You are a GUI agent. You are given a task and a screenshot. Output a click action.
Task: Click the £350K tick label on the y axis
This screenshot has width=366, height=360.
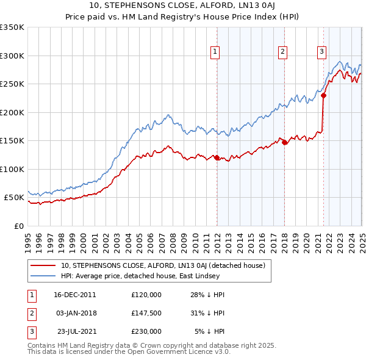point(12,27)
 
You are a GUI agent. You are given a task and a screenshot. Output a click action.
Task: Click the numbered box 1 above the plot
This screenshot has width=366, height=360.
point(216,52)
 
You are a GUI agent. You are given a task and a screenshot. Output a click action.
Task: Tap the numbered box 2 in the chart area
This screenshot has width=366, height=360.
point(283,52)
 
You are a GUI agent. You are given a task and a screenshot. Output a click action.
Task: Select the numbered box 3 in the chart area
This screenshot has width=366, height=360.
point(321,52)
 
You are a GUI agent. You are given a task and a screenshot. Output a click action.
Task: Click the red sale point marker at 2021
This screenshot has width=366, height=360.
point(324,95)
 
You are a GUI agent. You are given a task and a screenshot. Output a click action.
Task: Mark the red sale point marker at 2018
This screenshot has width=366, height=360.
point(284,142)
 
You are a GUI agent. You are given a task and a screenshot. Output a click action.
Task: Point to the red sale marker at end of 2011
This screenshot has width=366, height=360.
point(217,157)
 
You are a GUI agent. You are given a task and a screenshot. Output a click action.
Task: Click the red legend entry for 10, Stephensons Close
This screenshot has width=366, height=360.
point(162,265)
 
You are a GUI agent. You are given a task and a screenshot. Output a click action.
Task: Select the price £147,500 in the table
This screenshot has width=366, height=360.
point(146,313)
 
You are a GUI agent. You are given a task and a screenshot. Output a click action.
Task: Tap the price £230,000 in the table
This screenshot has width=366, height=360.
point(146,331)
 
